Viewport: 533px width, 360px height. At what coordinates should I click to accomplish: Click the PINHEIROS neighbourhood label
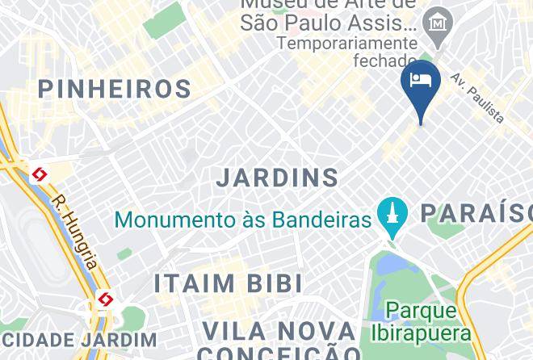pos(115,89)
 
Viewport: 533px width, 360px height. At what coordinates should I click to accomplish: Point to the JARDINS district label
pos(278,178)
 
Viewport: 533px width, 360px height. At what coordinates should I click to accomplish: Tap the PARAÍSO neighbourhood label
pos(476,213)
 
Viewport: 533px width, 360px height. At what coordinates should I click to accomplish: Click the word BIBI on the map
pos(275,284)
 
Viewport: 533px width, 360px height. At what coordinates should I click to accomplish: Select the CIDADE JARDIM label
pos(78,341)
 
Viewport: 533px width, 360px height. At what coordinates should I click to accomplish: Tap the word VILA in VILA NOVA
pos(234,332)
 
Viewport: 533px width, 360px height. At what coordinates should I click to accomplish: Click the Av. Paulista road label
pos(477,98)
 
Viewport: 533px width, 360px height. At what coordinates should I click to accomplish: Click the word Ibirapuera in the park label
pos(421,332)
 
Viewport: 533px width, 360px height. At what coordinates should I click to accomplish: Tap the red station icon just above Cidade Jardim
pos(104,300)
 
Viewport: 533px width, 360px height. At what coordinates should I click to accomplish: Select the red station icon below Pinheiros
pos(39,174)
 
